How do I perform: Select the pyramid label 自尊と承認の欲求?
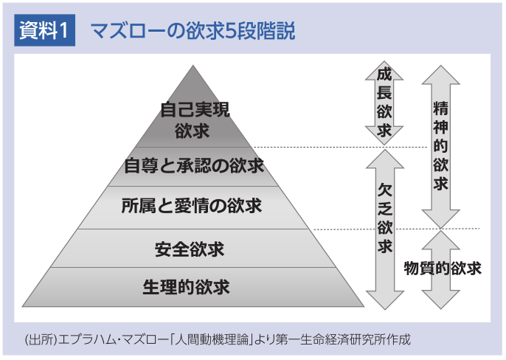click(x=194, y=165)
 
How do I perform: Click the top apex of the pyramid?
click(x=194, y=66)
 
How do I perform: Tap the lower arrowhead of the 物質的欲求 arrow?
click(x=441, y=302)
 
